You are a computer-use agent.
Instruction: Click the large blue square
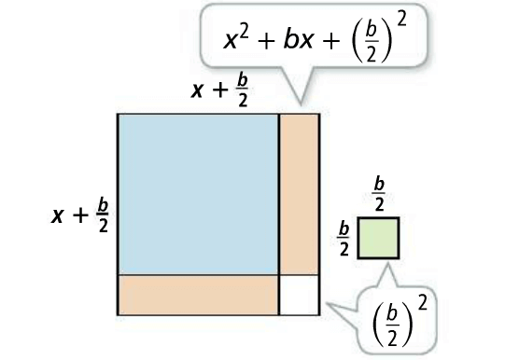tap(198, 193)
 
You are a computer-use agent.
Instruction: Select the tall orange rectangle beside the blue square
tap(299, 193)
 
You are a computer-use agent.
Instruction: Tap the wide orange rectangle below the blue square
tap(198, 294)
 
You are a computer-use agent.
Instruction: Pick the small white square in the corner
tap(299, 294)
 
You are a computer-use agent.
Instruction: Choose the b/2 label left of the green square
tap(344, 237)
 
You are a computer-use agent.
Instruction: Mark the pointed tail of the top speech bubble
tap(299, 98)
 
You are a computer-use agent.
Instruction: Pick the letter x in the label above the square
tap(198, 90)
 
